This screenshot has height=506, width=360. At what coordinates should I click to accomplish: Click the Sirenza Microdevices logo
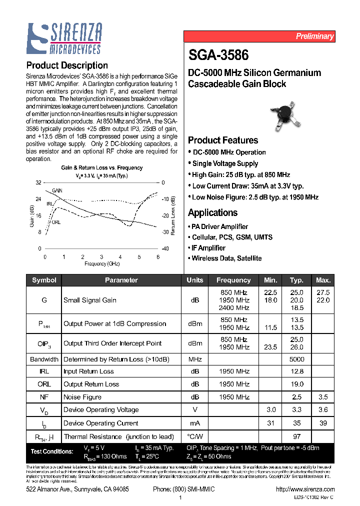click(x=64, y=39)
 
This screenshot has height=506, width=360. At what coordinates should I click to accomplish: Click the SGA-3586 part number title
click(x=218, y=54)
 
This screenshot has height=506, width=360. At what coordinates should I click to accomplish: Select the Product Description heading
click(x=66, y=65)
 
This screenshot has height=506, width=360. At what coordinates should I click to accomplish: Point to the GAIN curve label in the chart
click(x=57, y=191)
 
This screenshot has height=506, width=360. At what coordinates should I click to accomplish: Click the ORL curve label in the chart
click(x=56, y=222)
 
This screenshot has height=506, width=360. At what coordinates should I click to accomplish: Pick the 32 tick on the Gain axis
click(x=38, y=183)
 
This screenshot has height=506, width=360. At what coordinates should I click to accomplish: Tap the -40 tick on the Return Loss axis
click(x=165, y=248)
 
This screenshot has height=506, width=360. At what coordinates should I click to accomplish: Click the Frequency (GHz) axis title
click(x=101, y=263)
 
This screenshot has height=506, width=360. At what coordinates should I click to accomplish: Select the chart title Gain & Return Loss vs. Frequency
click(x=101, y=168)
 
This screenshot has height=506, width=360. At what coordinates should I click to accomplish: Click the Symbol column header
click(x=44, y=280)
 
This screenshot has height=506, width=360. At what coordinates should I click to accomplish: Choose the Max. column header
click(x=323, y=280)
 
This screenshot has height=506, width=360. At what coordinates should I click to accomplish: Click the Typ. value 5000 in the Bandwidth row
click(x=296, y=359)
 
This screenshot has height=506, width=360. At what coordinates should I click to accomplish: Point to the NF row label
click(x=44, y=397)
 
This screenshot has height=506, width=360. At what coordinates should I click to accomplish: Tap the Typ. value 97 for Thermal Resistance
click(x=296, y=436)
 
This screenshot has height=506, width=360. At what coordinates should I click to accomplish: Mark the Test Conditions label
click(x=52, y=451)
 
